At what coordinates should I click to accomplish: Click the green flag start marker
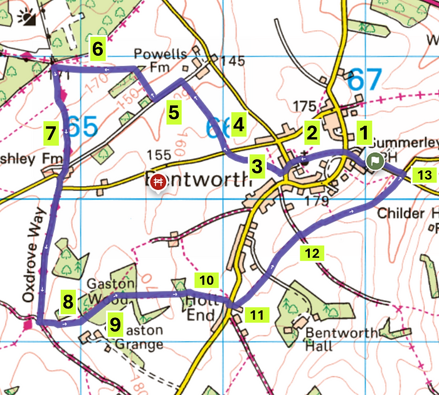374,161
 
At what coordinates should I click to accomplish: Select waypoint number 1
362,132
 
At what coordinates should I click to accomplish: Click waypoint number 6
98,48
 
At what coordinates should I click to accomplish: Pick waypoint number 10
208,279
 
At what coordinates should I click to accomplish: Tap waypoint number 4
238,124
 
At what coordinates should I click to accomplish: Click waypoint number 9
114,324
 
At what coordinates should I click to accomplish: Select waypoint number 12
313,253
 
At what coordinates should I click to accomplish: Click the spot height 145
232,61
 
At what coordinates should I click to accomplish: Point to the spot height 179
319,201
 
